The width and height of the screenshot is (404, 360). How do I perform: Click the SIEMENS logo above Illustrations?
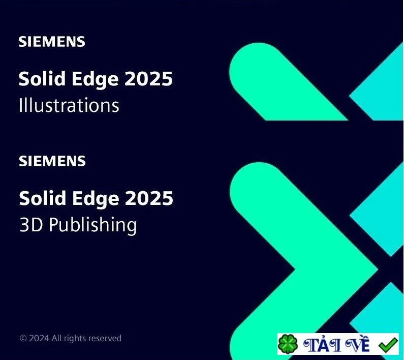(51, 42)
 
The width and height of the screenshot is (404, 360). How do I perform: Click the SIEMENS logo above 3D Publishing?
(52, 161)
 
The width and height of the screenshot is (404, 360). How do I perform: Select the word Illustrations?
(69, 105)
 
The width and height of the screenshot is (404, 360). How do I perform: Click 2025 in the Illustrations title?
(148, 79)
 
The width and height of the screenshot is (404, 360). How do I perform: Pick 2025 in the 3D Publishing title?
(149, 198)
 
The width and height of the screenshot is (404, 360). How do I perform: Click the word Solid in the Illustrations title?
(42, 78)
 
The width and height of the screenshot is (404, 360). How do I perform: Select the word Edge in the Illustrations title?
(95, 79)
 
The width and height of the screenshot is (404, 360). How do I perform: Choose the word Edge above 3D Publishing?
(96, 199)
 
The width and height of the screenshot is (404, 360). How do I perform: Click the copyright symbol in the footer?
(23, 338)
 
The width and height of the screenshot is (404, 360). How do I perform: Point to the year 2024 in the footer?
(39, 338)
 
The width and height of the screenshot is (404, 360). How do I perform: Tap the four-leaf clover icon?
(288, 344)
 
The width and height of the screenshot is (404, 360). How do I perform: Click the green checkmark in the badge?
(388, 345)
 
